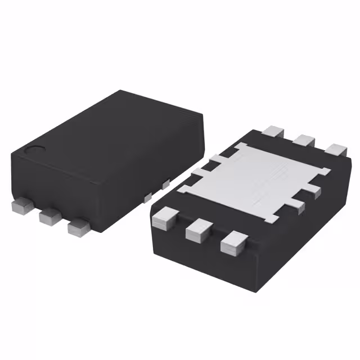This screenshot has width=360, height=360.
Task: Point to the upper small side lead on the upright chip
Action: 165,184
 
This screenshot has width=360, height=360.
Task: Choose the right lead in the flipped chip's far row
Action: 336,150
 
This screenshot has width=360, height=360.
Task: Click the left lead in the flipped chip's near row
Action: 165,218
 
